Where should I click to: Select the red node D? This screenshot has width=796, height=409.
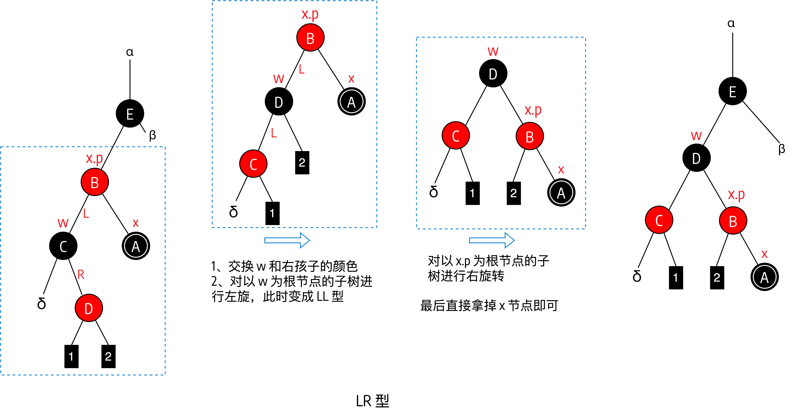tap(89, 308)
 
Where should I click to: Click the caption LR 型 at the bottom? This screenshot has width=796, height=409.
tap(372, 401)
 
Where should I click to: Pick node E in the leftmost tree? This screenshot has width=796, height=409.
tap(130, 114)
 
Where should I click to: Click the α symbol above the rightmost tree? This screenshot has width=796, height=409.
tap(731, 23)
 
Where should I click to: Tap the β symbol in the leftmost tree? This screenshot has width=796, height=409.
tap(152, 135)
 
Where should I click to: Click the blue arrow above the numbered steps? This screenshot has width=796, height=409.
tap(287, 240)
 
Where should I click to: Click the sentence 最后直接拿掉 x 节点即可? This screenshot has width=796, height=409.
tap(489, 306)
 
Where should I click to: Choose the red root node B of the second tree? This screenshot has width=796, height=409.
tap(310, 38)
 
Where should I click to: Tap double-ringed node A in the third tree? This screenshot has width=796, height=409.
tap(561, 193)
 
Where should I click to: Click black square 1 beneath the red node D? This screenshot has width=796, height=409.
tap(71, 356)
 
